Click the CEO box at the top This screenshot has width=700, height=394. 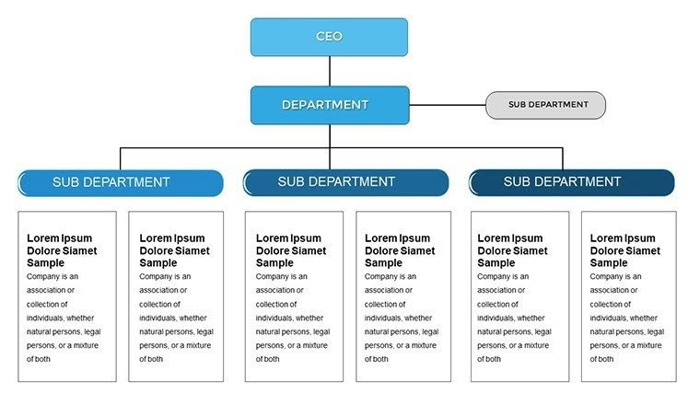point(329,37)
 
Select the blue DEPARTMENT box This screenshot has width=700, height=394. point(329,105)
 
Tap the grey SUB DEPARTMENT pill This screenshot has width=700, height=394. point(545,105)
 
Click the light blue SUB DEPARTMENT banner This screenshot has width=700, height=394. point(121,182)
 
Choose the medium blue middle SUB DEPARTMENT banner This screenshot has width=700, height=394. point(346,182)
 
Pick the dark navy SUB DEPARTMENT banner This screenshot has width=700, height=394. point(572,182)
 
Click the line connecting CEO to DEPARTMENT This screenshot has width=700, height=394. point(329,71)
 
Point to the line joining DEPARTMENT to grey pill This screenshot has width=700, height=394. point(447,105)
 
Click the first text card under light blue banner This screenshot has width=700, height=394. point(67,296)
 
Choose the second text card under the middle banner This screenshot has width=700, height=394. point(403,296)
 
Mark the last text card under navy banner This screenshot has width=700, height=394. point(629,296)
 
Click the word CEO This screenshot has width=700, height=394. point(329,37)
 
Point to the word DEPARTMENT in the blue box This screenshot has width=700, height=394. point(325,105)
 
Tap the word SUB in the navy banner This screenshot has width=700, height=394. point(518,182)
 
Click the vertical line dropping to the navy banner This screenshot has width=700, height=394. point(562,158)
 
